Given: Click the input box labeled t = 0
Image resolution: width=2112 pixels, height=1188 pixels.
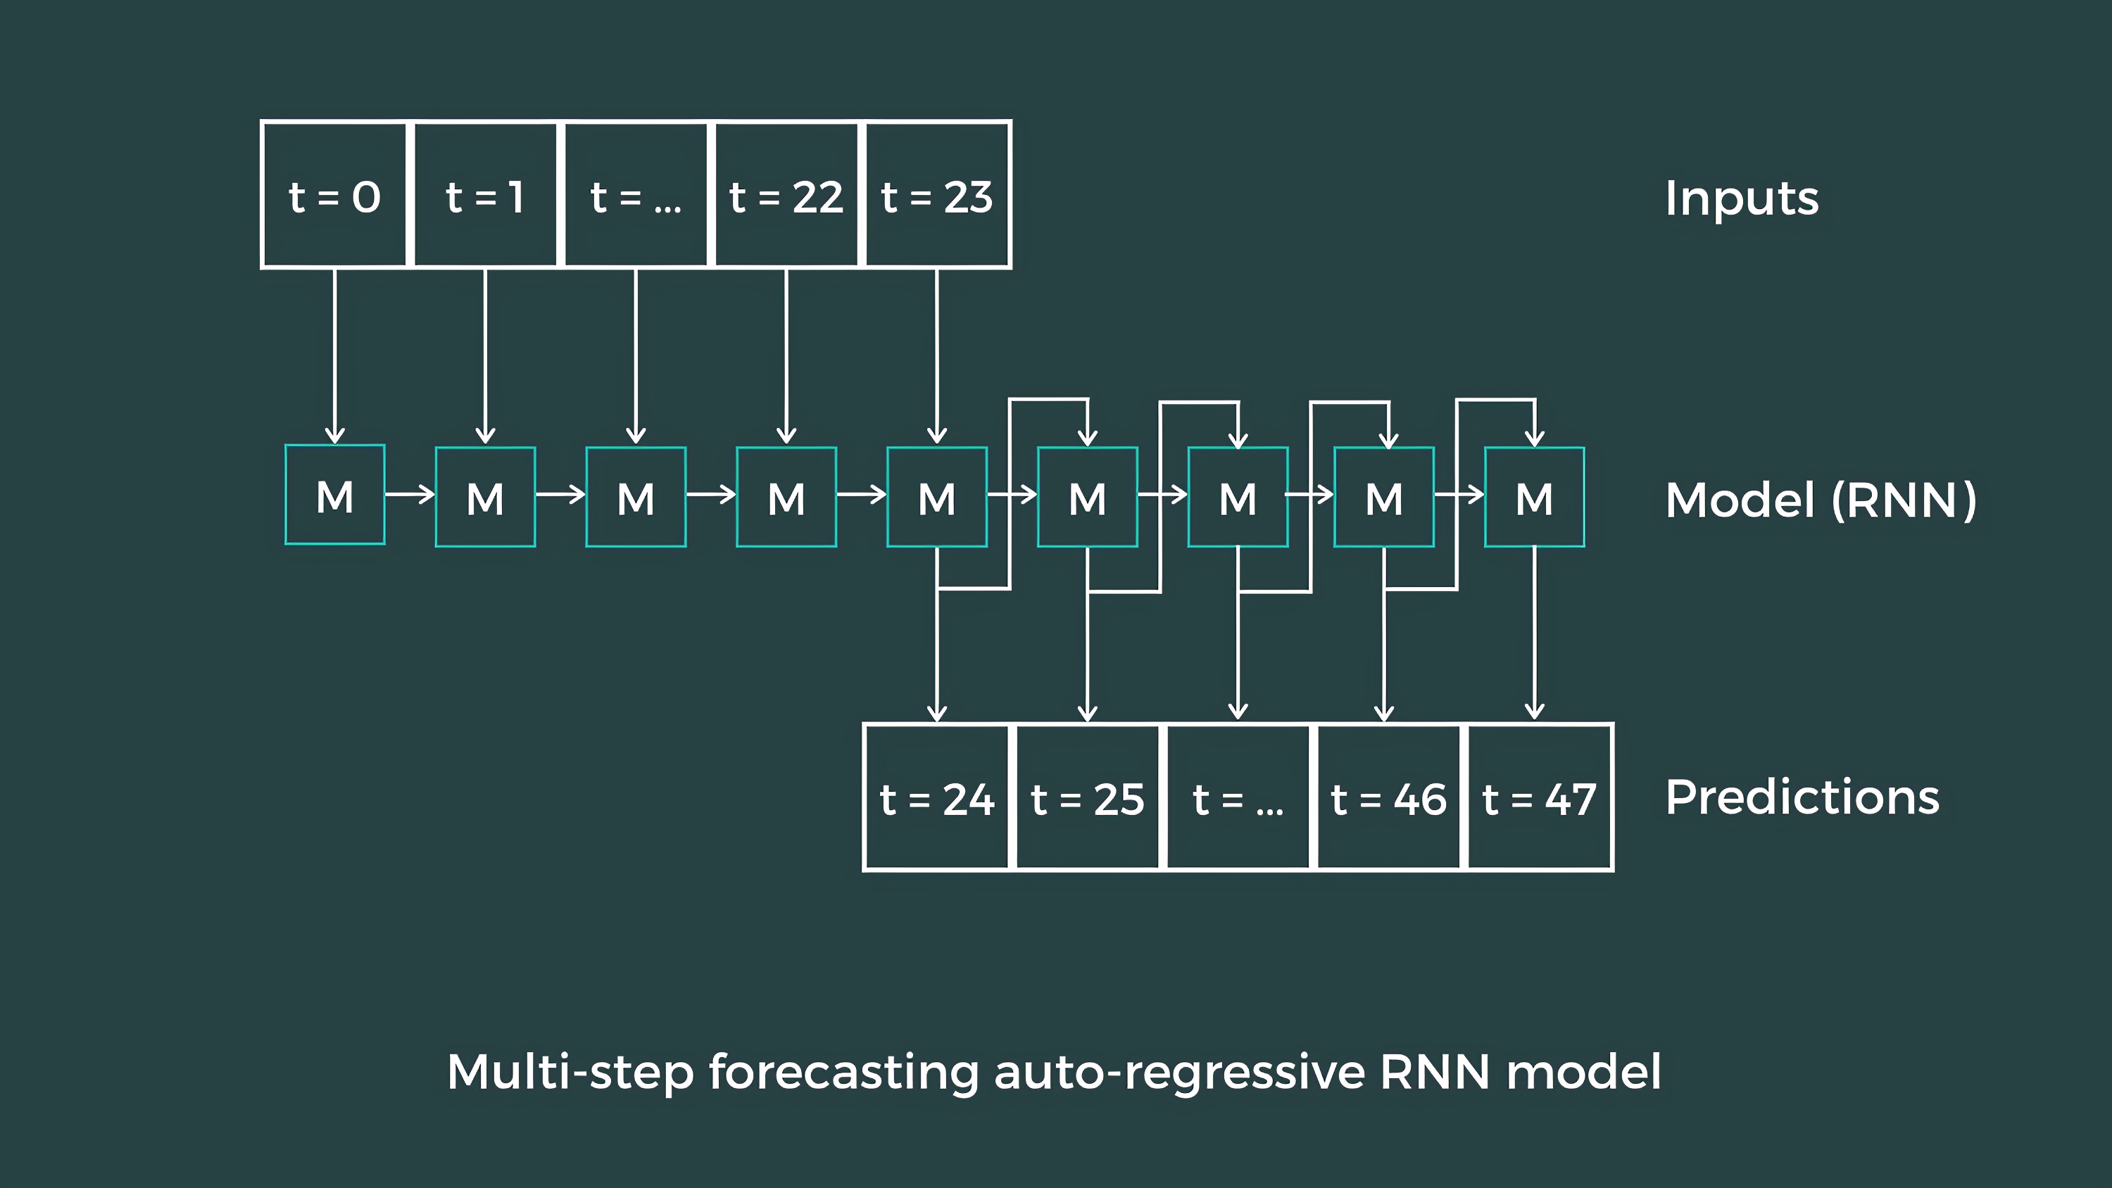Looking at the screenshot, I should pos(334,195).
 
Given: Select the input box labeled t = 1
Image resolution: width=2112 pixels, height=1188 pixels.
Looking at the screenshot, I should pos(485,195).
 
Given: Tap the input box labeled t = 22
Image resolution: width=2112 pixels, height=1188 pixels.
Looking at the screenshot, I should pos(786,195).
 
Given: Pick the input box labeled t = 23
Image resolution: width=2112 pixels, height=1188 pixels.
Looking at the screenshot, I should pos(937,195).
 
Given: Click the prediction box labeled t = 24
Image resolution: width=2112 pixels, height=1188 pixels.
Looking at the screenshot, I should pos(937,797).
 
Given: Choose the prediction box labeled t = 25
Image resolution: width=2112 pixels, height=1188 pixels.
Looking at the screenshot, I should pos(1088,797).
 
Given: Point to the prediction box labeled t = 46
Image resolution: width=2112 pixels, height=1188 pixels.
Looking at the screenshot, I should pos(1388,797).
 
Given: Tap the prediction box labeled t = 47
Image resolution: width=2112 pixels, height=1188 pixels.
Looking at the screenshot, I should pos(1539,797).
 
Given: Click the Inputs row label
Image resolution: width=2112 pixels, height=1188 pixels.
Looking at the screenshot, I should pos(1742,198).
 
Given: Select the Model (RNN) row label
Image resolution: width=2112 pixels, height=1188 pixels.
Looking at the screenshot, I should pos(1820,500).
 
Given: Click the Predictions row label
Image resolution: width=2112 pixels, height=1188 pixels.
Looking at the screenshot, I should pos(1802,797).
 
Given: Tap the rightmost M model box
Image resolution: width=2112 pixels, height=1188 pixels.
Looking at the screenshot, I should pos(1534,497).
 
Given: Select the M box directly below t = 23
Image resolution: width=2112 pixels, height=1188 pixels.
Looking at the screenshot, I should pos(937,497).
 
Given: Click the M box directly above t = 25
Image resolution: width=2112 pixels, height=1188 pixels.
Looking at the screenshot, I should pos(1087,497).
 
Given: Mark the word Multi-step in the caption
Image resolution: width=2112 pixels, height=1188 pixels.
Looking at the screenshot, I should pos(570,1072).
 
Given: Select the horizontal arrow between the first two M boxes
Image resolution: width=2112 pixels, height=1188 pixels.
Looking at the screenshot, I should pos(410,494).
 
